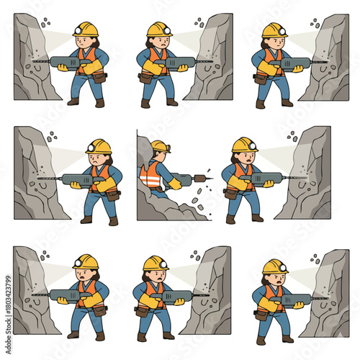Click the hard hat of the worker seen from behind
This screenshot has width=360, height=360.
tap(161, 146)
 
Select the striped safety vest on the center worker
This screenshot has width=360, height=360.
tap(150, 175)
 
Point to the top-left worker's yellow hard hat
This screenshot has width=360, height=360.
tap(86, 29)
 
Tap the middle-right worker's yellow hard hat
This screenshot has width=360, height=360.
tap(244, 144)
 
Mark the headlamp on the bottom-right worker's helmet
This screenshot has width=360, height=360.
tap(282, 268)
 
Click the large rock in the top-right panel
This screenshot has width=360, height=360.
tap(328, 61)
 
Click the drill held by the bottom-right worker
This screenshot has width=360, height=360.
tap(295, 298)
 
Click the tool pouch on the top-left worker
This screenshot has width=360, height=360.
tap(99, 77)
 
